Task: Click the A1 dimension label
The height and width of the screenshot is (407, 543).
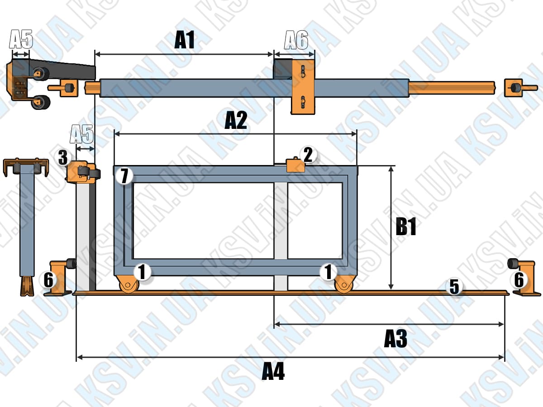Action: pos(184,40)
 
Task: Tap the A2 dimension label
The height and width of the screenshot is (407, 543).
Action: pos(236,120)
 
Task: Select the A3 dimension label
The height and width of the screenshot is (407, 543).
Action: pos(395,339)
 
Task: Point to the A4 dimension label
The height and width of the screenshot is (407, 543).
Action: pos(273,372)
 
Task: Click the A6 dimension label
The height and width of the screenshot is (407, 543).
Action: pos(296,40)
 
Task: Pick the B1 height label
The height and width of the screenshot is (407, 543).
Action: pos(406,227)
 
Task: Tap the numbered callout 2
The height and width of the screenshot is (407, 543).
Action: pos(308,155)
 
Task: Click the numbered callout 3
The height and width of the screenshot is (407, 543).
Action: pos(63,158)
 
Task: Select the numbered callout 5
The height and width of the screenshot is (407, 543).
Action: pos(454,287)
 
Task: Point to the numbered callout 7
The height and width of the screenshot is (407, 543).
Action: pos(124,176)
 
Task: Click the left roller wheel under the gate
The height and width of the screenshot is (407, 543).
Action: pos(129,284)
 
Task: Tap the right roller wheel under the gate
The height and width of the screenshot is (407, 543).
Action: pos(344,284)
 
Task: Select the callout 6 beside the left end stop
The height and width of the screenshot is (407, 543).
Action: pos(48,280)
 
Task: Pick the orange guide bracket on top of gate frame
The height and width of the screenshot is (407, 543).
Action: pos(295,165)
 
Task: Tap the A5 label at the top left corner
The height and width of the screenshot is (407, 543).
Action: pos(21,39)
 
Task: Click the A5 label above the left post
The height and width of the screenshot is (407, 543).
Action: pos(81,134)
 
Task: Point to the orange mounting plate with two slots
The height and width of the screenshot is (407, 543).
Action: pos(303,86)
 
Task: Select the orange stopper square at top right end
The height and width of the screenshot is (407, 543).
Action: pos(513,88)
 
